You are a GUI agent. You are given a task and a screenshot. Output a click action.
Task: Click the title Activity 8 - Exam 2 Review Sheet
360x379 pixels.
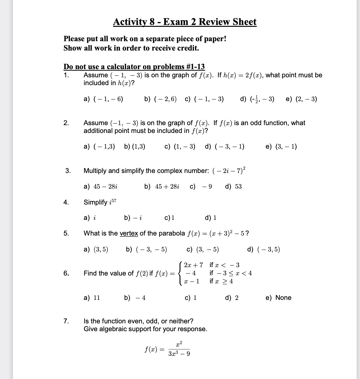click(185, 22)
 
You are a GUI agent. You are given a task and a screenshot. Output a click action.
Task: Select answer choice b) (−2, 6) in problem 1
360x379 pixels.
click(160, 99)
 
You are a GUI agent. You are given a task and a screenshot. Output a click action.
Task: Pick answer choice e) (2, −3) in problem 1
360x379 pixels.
click(301, 99)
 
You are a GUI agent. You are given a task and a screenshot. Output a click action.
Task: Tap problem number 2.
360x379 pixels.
click(66, 123)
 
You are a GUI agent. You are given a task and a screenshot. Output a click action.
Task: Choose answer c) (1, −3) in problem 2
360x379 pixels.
click(180, 147)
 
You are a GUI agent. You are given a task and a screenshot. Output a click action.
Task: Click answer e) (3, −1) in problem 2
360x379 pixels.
click(281, 147)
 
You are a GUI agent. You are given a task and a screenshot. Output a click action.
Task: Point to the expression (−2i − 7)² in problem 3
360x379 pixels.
click(229, 170)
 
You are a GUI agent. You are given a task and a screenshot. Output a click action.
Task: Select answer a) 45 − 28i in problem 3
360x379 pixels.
click(101, 186)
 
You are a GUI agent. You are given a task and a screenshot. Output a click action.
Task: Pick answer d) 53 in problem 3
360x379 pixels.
click(233, 186)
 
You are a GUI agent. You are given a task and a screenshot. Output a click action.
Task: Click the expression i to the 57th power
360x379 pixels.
click(112, 202)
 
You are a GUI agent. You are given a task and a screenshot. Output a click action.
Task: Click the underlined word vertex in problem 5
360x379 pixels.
click(129, 233)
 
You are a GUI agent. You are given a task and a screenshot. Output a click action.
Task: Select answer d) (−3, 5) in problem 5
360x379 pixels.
click(263, 249)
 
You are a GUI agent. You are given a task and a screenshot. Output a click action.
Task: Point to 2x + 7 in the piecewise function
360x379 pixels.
click(193, 265)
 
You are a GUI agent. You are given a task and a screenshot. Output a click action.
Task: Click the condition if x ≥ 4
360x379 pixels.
click(221, 281)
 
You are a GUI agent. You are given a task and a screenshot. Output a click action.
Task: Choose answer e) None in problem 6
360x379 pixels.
click(278, 298)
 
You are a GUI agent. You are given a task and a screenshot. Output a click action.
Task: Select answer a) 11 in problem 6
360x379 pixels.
click(92, 298)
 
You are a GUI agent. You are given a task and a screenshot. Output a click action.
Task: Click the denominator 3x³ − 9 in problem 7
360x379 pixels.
click(179, 354)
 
